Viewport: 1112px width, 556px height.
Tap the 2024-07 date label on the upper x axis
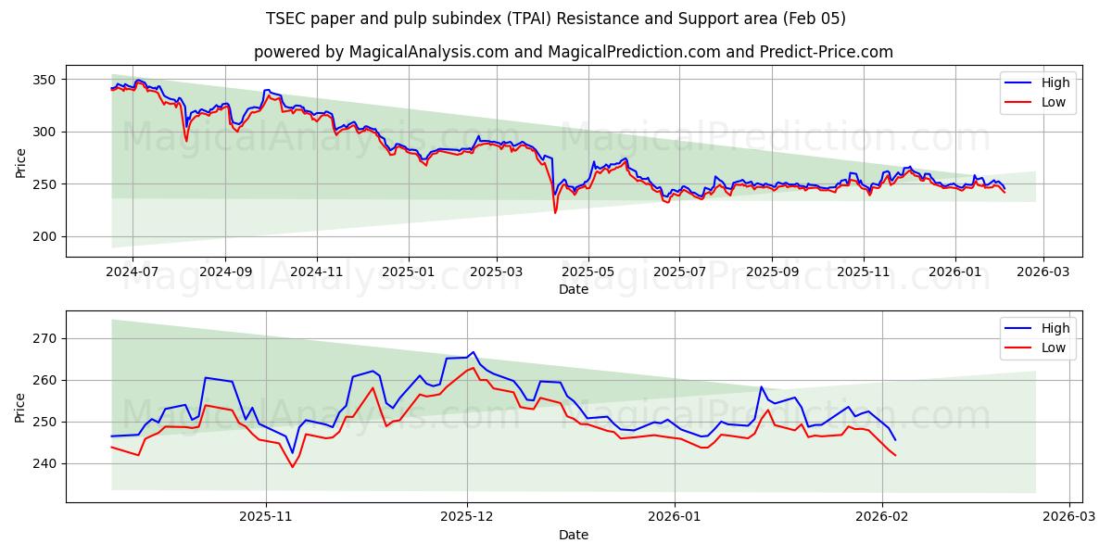(x=133, y=272)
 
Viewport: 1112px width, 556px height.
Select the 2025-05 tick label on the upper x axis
(x=588, y=272)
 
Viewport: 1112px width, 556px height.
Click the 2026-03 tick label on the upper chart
(x=1044, y=272)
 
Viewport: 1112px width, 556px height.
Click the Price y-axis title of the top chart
(x=20, y=163)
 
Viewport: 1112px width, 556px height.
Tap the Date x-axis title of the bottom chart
(x=574, y=535)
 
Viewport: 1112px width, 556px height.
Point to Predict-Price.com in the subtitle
(x=830, y=52)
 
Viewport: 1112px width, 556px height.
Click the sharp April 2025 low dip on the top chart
(x=555, y=212)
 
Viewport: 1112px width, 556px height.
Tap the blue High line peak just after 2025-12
(x=473, y=352)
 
